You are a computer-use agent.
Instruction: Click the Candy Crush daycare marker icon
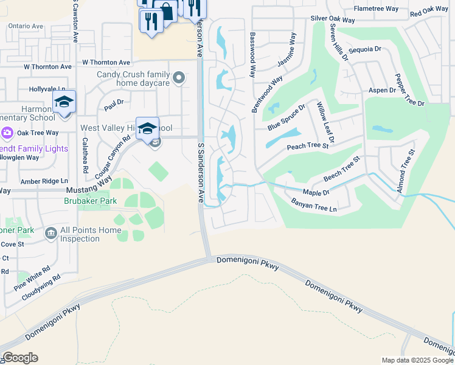pos(179,77)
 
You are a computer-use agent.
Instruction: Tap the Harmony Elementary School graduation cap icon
pos(64,102)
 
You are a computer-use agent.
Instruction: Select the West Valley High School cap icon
pos(147,128)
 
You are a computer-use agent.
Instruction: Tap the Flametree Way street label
pos(376,9)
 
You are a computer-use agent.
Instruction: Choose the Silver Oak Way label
pos(333,19)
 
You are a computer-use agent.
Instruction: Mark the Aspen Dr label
pos(382,90)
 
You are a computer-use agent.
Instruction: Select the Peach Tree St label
pos(307,146)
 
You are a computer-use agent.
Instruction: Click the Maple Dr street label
pos(316,192)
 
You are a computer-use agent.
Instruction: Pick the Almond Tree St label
pos(405,170)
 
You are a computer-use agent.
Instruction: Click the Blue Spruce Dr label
pos(286,120)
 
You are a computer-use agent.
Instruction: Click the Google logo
pos(19,358)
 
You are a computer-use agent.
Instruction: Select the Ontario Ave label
pos(26,27)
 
